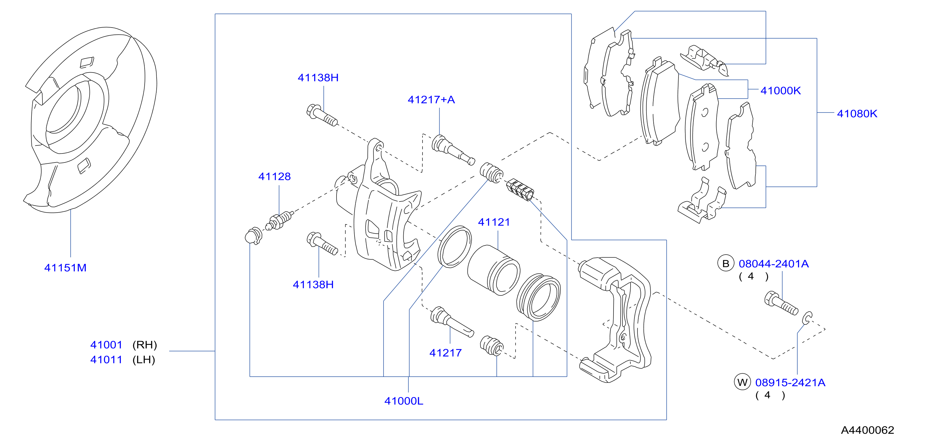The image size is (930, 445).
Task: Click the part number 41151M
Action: tap(65, 267)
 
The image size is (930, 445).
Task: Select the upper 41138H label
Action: tap(318, 77)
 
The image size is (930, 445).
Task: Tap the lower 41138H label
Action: tap(313, 285)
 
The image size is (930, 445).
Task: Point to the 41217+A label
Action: tap(431, 100)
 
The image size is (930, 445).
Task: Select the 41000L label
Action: tap(404, 401)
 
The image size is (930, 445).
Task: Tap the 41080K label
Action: tap(857, 114)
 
